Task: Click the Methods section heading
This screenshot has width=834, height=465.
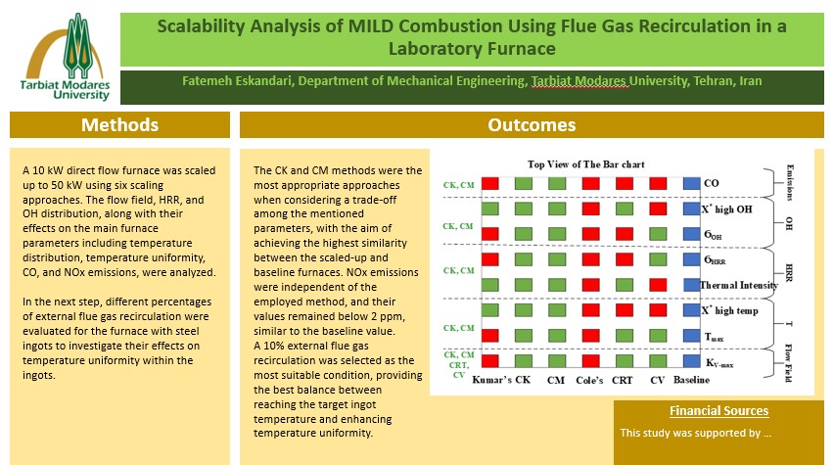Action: click(119, 124)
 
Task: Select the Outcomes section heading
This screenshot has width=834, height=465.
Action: click(532, 124)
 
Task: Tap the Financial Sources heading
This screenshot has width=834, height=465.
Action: click(718, 410)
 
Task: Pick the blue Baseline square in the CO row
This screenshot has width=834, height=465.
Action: click(691, 183)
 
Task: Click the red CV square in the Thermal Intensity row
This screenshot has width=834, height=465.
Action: click(658, 284)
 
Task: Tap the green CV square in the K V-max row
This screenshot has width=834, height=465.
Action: click(658, 361)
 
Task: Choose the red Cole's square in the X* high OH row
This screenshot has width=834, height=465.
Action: click(591, 209)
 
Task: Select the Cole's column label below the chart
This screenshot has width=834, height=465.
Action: click(591, 379)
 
